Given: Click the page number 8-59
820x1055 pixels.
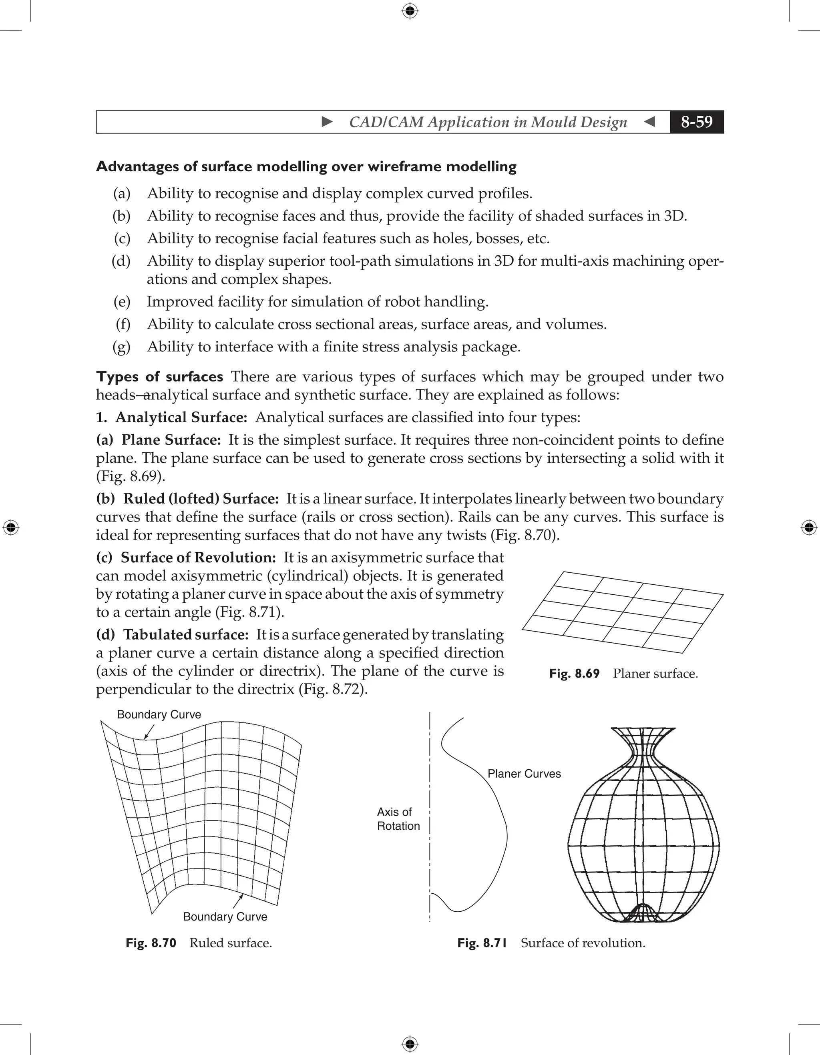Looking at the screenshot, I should pyautogui.click(x=696, y=122).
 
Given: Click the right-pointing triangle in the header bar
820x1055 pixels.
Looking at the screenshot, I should pyautogui.click(x=327, y=122).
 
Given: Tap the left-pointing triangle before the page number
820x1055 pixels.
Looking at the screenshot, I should pyautogui.click(x=650, y=122).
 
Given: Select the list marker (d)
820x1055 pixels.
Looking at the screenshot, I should pyautogui.click(x=121, y=261).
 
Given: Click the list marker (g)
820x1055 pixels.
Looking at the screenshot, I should pyautogui.click(x=121, y=347).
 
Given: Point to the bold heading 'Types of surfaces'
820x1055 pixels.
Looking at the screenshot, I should pyautogui.click(x=159, y=377).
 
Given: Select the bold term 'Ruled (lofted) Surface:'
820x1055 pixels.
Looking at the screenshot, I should pyautogui.click(x=201, y=499).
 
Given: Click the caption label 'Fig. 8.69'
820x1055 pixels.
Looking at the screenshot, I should pyautogui.click(x=574, y=674).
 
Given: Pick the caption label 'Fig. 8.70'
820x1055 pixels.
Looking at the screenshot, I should pyautogui.click(x=151, y=943).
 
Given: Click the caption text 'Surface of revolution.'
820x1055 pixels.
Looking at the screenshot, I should pyautogui.click(x=583, y=943).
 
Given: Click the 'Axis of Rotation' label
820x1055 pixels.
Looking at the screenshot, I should pyautogui.click(x=398, y=819).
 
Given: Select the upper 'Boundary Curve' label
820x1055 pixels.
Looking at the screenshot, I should pyautogui.click(x=159, y=714).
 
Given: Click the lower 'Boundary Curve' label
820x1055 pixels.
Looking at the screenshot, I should pyautogui.click(x=225, y=917).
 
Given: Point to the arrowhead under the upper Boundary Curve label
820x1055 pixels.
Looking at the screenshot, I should pyautogui.click(x=145, y=738).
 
